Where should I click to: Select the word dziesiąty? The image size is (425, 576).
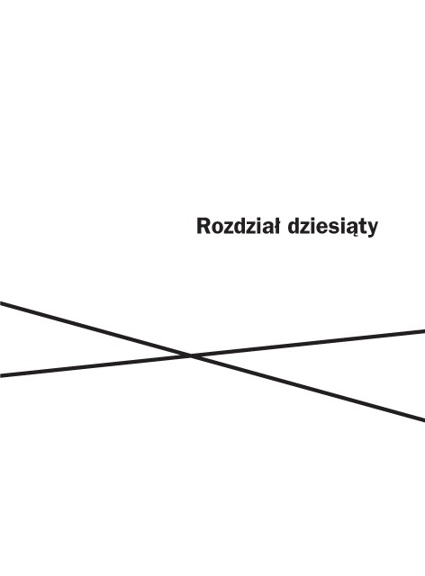[x=333, y=227]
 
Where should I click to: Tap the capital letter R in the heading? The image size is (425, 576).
[x=203, y=226]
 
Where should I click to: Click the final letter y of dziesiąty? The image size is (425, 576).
[x=372, y=230]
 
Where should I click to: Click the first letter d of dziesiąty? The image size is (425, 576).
[x=294, y=226]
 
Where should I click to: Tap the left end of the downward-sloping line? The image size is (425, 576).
[x=0, y=303]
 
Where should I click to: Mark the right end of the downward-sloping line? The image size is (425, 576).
[x=424, y=419]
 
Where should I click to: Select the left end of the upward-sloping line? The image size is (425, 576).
[x=0, y=375]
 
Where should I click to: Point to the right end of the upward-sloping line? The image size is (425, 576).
[x=424, y=331]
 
